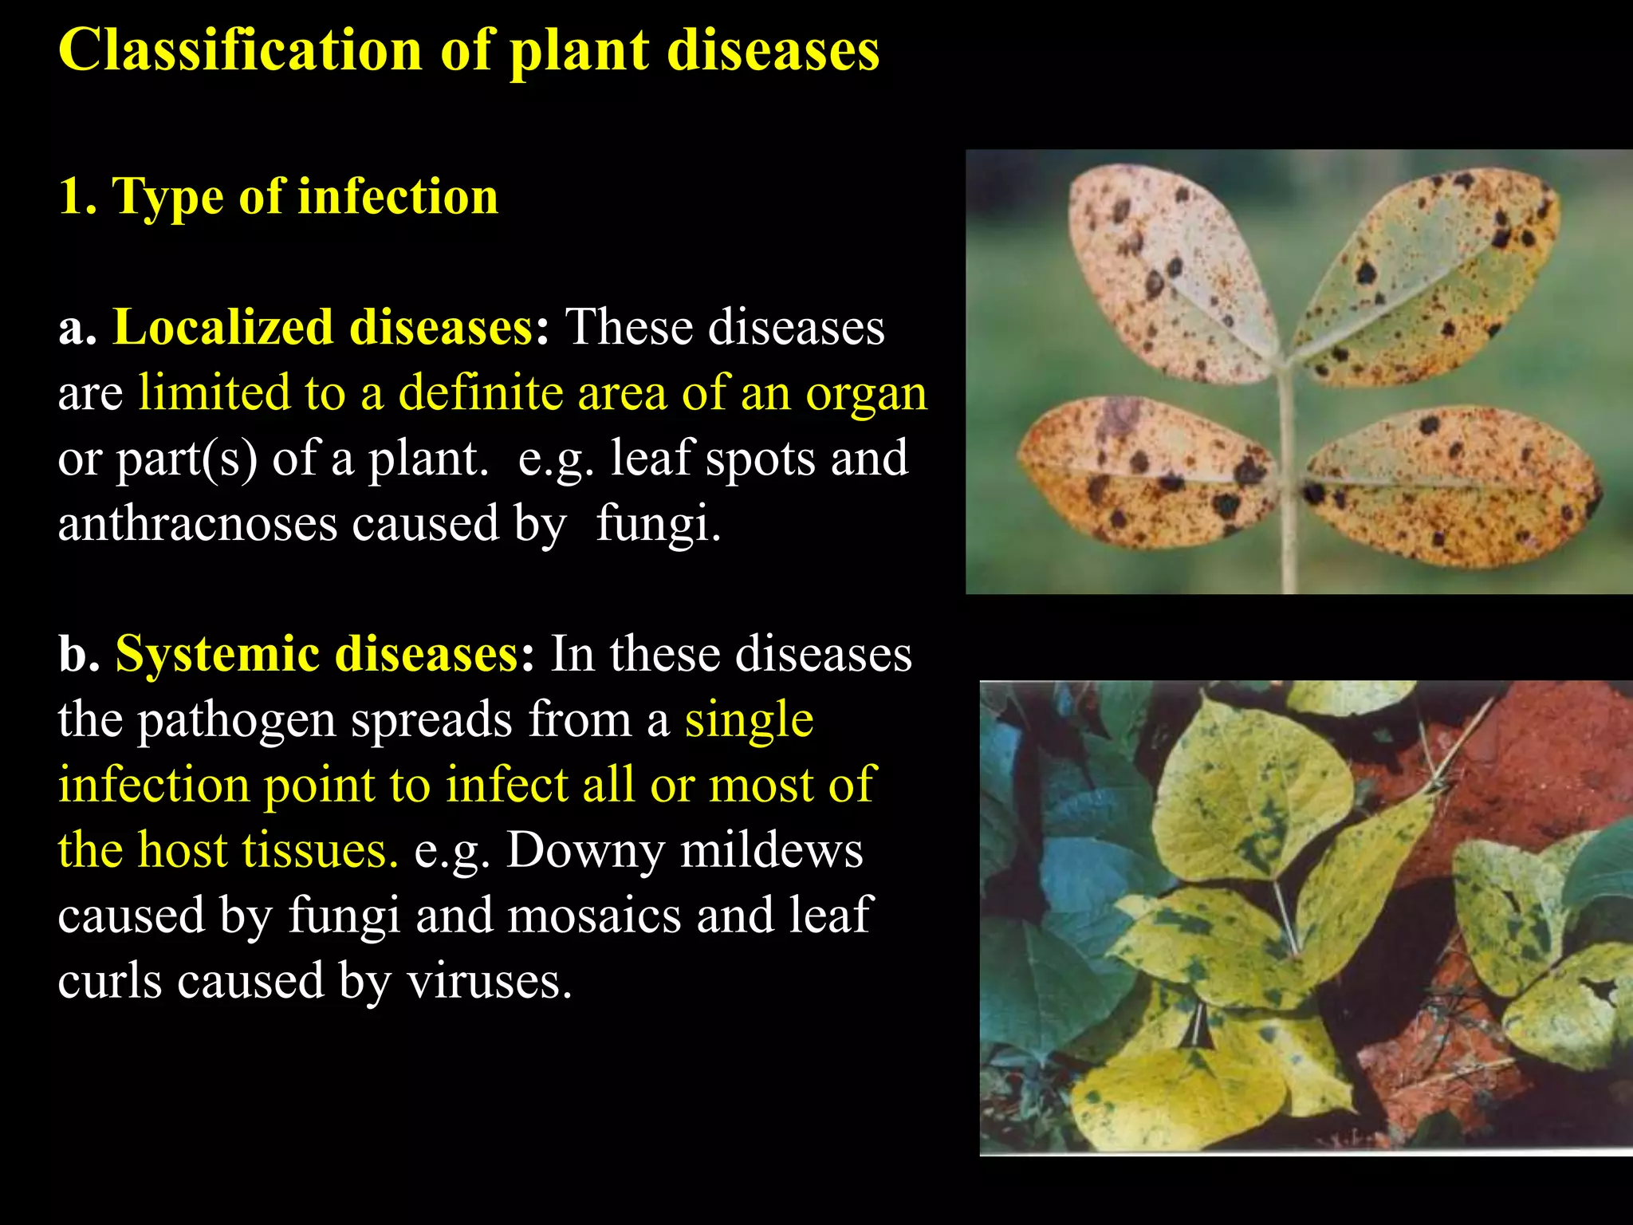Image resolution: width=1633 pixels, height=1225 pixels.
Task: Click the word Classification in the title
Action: [240, 49]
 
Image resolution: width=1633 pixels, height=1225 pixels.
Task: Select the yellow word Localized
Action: [222, 327]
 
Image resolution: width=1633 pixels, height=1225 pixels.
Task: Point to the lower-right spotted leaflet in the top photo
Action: [1451, 486]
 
